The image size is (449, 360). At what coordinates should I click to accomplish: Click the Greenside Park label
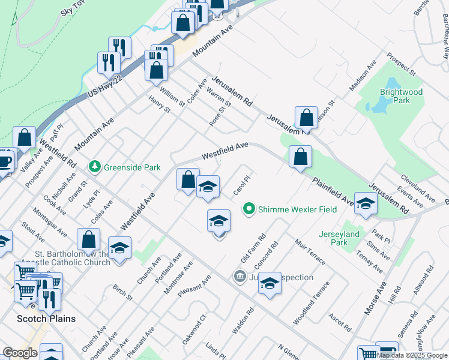tap(132, 167)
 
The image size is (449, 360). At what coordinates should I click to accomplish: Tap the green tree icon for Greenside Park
tap(94, 166)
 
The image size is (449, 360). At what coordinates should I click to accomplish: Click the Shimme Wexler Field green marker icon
tap(249, 209)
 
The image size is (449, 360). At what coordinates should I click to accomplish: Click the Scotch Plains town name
tap(46, 318)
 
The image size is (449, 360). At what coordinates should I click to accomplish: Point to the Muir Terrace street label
tap(310, 251)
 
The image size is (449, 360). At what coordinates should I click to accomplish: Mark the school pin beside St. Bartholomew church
tap(120, 248)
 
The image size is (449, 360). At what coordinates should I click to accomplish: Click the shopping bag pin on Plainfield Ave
tap(300, 157)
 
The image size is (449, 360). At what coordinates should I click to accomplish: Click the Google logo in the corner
tap(20, 353)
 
